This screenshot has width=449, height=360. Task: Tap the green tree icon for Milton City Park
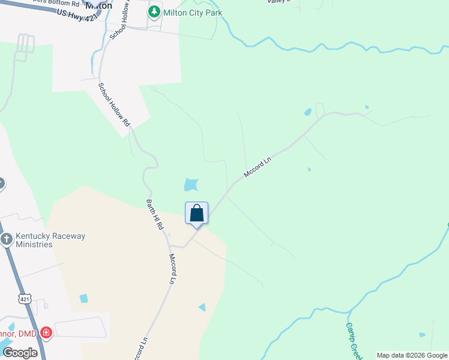[155, 12]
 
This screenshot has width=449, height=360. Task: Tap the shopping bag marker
[196, 214]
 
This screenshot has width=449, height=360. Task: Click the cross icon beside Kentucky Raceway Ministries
[6, 240]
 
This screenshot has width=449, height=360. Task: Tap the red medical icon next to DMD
[46, 332]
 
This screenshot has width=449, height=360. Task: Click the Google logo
[20, 353]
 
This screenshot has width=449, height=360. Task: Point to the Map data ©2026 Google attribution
[412, 355]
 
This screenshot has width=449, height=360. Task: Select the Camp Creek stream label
[354, 340]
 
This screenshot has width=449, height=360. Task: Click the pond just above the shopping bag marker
[191, 184]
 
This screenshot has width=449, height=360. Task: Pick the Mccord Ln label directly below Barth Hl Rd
[173, 269]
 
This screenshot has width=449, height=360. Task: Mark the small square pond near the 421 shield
[83, 298]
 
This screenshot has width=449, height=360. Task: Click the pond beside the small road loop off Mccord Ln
[308, 112]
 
